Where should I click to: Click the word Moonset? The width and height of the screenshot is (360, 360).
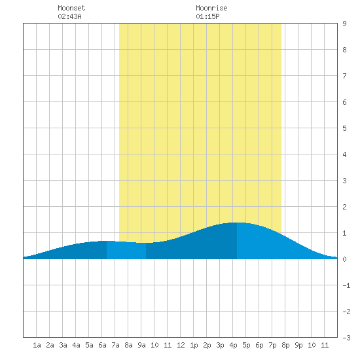(71, 8)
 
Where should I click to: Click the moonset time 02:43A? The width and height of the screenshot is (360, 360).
(69, 16)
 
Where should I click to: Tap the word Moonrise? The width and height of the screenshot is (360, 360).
(211, 8)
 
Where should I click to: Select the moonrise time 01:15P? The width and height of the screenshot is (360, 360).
(207, 16)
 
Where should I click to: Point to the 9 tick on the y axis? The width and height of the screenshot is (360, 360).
(344, 24)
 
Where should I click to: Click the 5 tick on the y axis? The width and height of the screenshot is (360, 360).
(344, 128)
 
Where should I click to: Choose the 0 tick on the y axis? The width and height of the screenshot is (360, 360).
(344, 259)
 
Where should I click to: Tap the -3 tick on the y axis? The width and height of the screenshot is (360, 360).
(346, 338)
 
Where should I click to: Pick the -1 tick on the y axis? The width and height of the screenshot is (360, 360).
(346, 285)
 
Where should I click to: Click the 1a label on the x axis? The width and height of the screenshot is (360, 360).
(37, 345)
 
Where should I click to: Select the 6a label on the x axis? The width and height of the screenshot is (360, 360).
(102, 345)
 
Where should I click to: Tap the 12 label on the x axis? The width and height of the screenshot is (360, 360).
(181, 345)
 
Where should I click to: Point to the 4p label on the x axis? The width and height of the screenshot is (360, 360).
(233, 345)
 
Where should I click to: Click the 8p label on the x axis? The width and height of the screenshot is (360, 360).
(285, 345)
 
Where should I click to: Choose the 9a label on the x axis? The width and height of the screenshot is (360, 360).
(141, 345)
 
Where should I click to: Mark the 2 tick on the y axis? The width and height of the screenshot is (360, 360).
(344, 207)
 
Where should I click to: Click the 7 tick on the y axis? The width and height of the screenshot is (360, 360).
(344, 76)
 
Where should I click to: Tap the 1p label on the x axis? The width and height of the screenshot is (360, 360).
(194, 345)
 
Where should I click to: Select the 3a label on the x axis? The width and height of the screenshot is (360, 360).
(63, 345)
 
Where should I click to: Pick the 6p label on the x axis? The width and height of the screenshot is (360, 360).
(259, 345)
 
